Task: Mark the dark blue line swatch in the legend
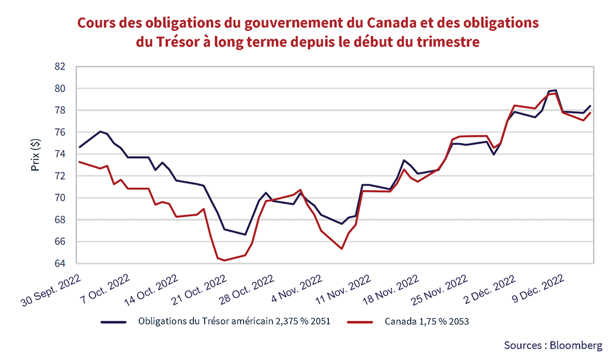(114, 321)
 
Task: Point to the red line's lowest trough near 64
(224, 261)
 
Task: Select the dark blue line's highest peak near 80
(556, 90)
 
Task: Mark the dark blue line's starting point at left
(80, 147)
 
